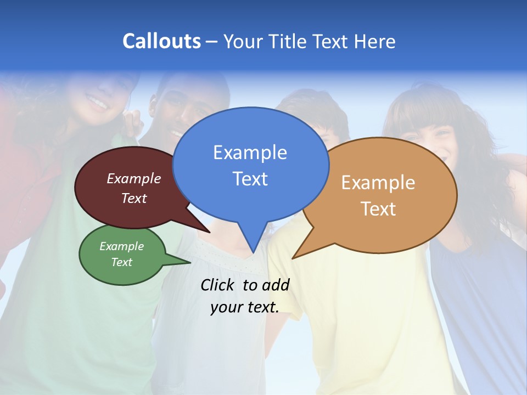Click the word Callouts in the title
pos(161,41)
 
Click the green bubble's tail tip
pos(190,262)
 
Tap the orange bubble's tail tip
pos(293,258)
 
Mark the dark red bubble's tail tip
pos(210,233)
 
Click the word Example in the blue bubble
pos(250,153)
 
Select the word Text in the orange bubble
pos(378,209)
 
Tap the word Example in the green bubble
pos(121,247)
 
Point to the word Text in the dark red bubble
pos(134,199)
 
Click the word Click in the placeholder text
pos(218,285)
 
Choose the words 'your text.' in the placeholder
pos(244,308)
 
